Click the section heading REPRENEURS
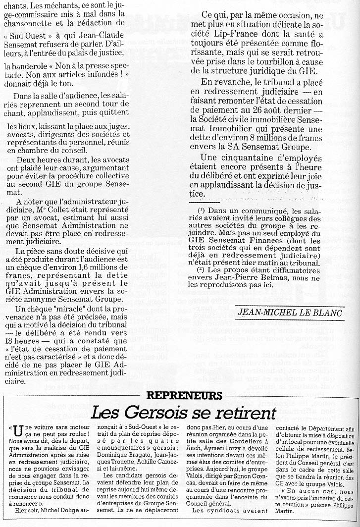tap(184, 395)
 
